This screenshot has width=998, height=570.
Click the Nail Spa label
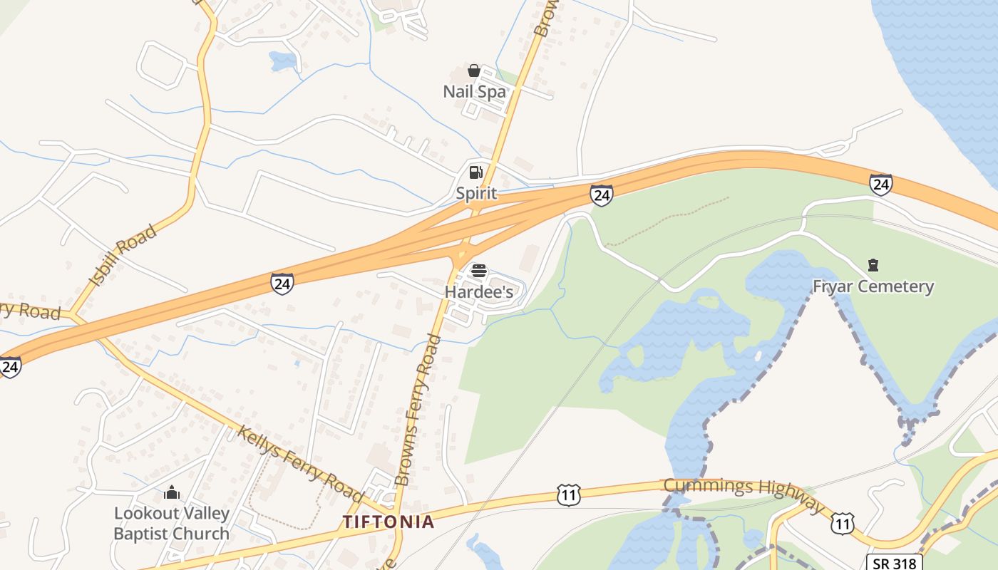point(474,92)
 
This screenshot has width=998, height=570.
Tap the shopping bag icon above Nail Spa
point(473,71)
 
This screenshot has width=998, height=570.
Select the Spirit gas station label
point(476,193)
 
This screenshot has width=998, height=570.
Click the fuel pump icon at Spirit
point(475,172)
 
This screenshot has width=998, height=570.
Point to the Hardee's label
point(479,292)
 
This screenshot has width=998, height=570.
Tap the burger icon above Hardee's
point(479,271)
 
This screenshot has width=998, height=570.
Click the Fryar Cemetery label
point(873,286)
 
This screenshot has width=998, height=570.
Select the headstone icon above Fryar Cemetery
point(873,266)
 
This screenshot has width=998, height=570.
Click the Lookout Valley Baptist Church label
point(171,523)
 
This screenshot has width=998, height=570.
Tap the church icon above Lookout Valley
point(171,492)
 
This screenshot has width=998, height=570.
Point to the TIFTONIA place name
point(389,522)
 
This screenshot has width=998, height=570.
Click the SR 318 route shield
point(895,561)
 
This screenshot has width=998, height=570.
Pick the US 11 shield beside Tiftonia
point(568,494)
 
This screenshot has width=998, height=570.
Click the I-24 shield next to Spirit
point(601,195)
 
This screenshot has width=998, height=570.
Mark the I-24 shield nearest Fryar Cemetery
point(880,185)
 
